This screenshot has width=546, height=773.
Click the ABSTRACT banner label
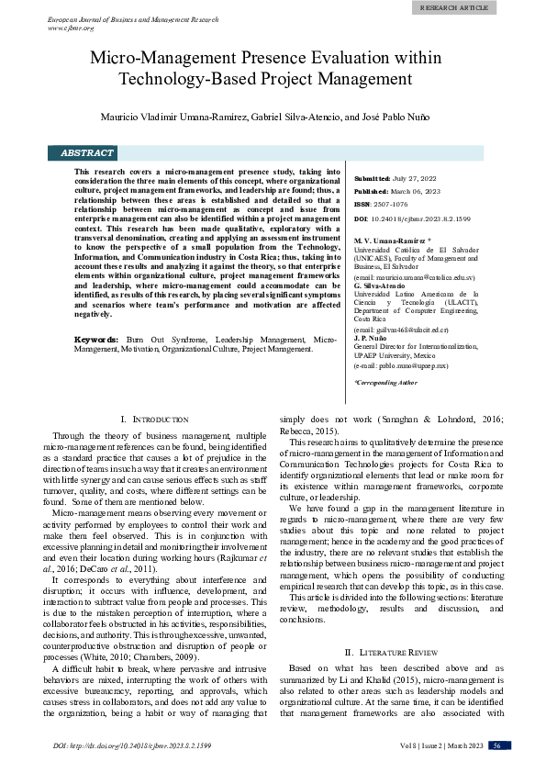(87, 153)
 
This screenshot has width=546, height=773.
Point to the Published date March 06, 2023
(420, 191)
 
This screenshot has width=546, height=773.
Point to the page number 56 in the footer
(496, 745)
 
